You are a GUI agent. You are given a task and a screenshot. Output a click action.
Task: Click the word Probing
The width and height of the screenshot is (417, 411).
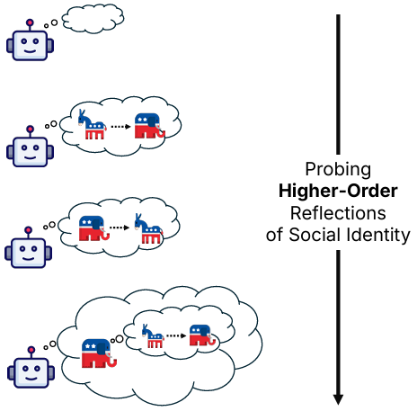[x=338, y=170]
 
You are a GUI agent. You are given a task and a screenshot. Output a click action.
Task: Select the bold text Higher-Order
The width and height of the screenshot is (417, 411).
[x=338, y=191]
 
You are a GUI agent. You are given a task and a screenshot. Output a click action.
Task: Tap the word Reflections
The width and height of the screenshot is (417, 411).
[x=338, y=213]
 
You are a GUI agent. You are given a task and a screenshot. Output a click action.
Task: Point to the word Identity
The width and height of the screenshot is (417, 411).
[x=378, y=235]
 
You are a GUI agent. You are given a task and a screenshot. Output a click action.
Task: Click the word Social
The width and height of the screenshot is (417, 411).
[x=315, y=235]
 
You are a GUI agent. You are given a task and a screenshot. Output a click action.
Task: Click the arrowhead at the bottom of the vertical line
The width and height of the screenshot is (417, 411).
[x=338, y=399]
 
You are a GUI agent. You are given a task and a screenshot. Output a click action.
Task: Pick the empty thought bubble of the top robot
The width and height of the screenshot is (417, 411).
[x=93, y=18]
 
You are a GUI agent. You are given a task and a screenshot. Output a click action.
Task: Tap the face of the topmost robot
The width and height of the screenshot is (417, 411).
[x=30, y=46]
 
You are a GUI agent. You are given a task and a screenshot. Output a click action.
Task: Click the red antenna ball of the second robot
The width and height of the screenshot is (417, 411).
[x=30, y=130]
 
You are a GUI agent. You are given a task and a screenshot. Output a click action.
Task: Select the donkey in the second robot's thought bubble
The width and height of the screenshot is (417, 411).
[x=93, y=125]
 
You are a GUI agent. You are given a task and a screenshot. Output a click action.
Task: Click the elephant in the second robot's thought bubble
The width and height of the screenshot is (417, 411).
[x=150, y=126]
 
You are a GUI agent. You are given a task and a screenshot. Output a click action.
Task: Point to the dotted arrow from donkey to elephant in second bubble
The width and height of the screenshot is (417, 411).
[x=120, y=127]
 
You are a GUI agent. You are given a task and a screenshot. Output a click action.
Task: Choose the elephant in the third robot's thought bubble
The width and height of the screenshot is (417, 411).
[x=94, y=228]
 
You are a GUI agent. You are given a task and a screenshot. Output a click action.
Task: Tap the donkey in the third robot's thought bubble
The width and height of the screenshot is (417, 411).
[x=148, y=228]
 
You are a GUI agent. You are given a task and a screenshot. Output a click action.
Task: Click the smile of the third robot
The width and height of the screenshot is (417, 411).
[x=29, y=258]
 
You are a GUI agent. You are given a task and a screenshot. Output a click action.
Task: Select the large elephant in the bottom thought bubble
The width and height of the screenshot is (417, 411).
[x=99, y=353]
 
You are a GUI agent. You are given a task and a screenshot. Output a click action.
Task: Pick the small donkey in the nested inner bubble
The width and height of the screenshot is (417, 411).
[x=153, y=335]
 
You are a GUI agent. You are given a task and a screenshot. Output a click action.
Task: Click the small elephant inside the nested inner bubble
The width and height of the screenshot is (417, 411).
[x=202, y=335]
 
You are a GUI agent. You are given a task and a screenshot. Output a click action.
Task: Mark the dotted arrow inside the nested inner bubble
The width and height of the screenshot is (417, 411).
[x=176, y=335]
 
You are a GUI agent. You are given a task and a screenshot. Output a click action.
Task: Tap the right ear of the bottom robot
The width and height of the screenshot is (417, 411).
[x=51, y=373]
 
